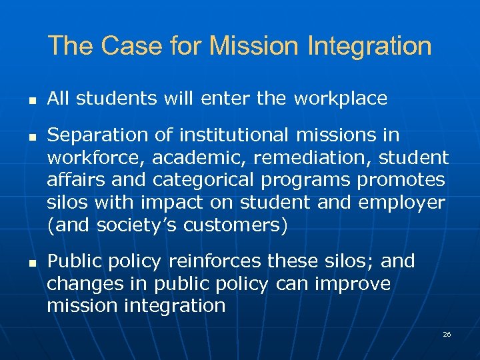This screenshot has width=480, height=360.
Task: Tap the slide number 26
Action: tap(447, 334)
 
